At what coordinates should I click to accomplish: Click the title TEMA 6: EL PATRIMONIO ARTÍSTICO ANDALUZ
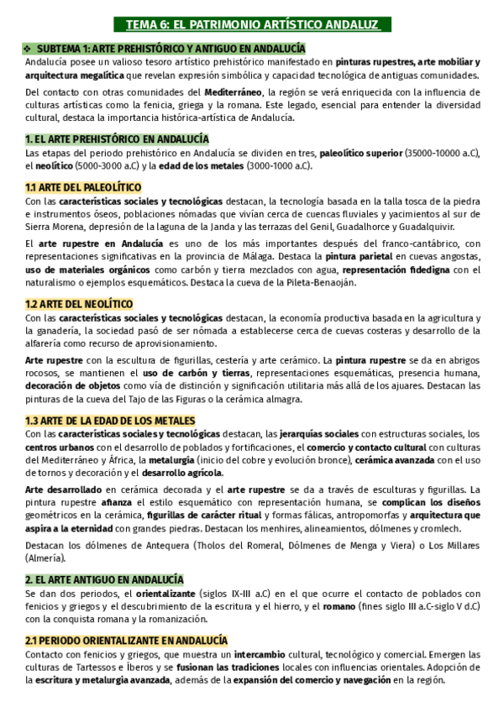pos(252,26)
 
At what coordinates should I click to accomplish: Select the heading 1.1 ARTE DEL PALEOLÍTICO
pos(83,187)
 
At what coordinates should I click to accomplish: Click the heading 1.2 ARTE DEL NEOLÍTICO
pos(79,303)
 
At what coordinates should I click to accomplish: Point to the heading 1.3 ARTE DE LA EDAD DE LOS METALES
pos(110,420)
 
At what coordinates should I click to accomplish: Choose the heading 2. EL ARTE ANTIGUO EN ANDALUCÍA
pos(104,579)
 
